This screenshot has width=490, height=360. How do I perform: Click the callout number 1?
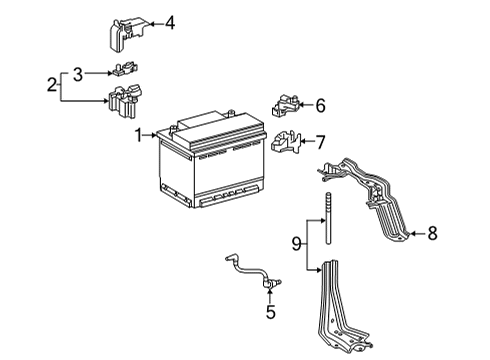(139, 133)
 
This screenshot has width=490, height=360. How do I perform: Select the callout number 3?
(77, 72)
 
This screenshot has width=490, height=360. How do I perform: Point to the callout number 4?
(169, 22)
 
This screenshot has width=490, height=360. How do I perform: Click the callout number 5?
(269, 311)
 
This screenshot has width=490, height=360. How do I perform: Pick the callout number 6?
(320, 105)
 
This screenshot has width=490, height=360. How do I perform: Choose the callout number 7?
(320, 141)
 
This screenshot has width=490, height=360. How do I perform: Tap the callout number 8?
(432, 234)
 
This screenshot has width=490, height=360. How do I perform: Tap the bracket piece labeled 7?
(284, 142)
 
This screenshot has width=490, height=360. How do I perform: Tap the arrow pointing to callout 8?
(414, 234)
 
